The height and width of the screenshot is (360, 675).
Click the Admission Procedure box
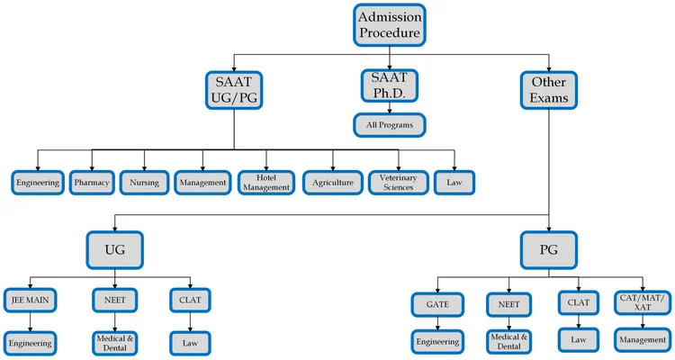390,25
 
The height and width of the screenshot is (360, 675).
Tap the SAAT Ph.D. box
389,86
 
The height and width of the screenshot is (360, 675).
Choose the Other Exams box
548,89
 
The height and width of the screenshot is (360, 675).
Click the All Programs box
389,125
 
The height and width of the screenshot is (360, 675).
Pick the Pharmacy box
92,183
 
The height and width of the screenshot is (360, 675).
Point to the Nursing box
144,183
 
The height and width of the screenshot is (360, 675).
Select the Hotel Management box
266,183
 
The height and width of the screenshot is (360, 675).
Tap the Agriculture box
333,183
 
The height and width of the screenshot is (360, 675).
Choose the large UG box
115,248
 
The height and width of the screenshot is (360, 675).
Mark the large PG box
548,248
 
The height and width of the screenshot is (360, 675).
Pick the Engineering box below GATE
437,341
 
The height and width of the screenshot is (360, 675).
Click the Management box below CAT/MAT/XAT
642,339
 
